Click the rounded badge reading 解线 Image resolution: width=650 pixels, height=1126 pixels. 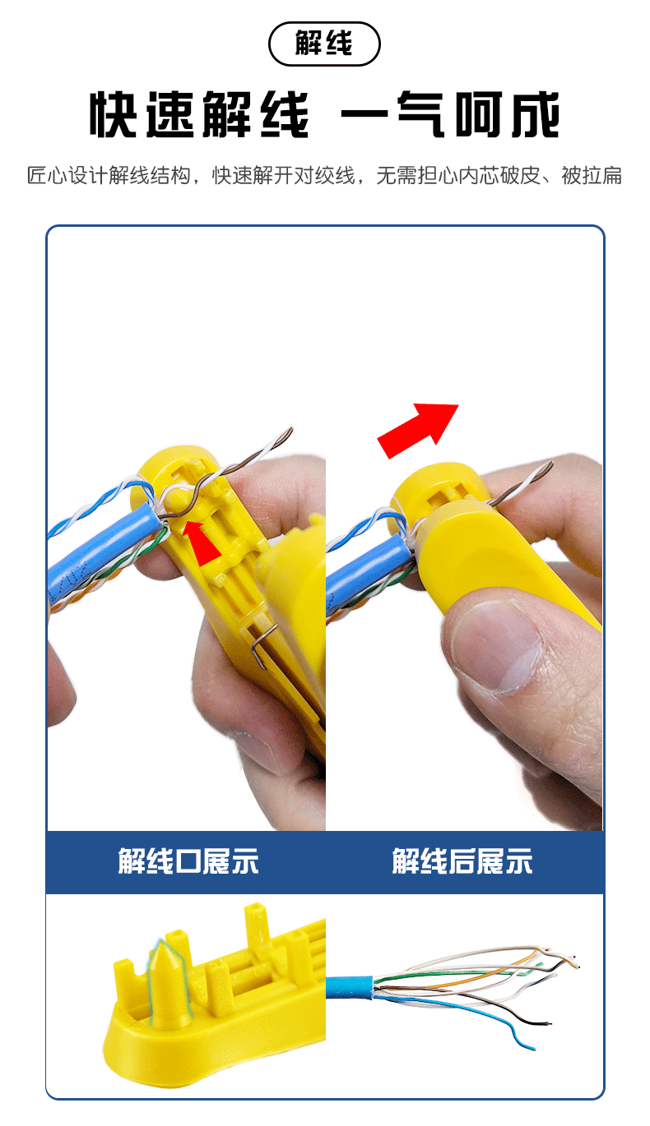(324, 44)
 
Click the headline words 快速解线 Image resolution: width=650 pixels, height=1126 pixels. (199, 116)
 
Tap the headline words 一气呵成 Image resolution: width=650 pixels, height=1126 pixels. (451, 116)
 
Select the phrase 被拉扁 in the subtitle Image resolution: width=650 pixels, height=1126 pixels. (592, 176)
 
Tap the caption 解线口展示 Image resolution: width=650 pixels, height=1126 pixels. (188, 861)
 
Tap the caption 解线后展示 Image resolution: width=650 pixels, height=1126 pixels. (462, 861)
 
